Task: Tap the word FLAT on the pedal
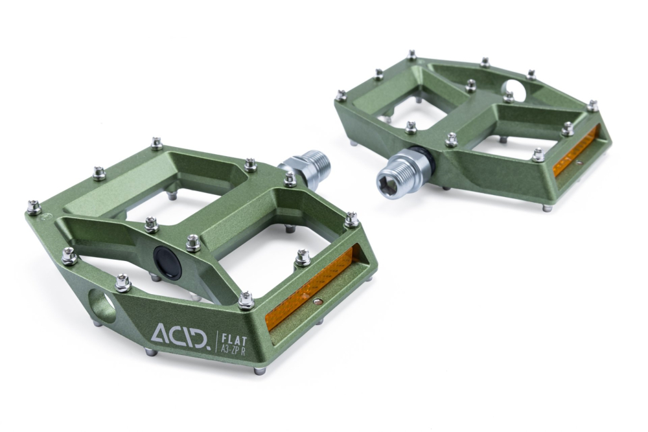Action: (232, 336)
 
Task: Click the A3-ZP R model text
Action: (238, 348)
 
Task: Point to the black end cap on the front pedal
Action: (166, 261)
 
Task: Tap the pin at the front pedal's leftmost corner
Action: (34, 207)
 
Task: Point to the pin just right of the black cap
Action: (193, 242)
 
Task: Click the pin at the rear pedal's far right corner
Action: (592, 105)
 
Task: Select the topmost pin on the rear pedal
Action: (411, 55)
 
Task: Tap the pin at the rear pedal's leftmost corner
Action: (341, 96)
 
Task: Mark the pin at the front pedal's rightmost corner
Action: (351, 220)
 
